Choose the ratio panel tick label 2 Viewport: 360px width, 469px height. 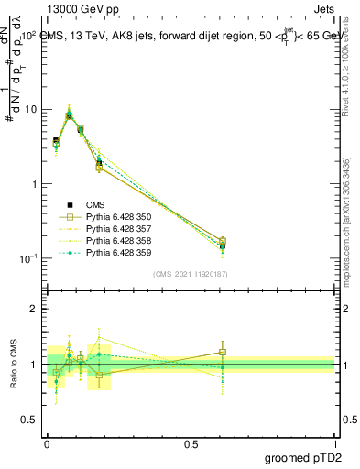(x=37, y=309)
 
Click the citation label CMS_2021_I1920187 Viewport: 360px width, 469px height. (x=191, y=274)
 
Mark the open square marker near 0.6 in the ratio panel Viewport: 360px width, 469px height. (x=222, y=352)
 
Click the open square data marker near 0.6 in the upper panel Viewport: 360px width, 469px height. (x=222, y=241)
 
